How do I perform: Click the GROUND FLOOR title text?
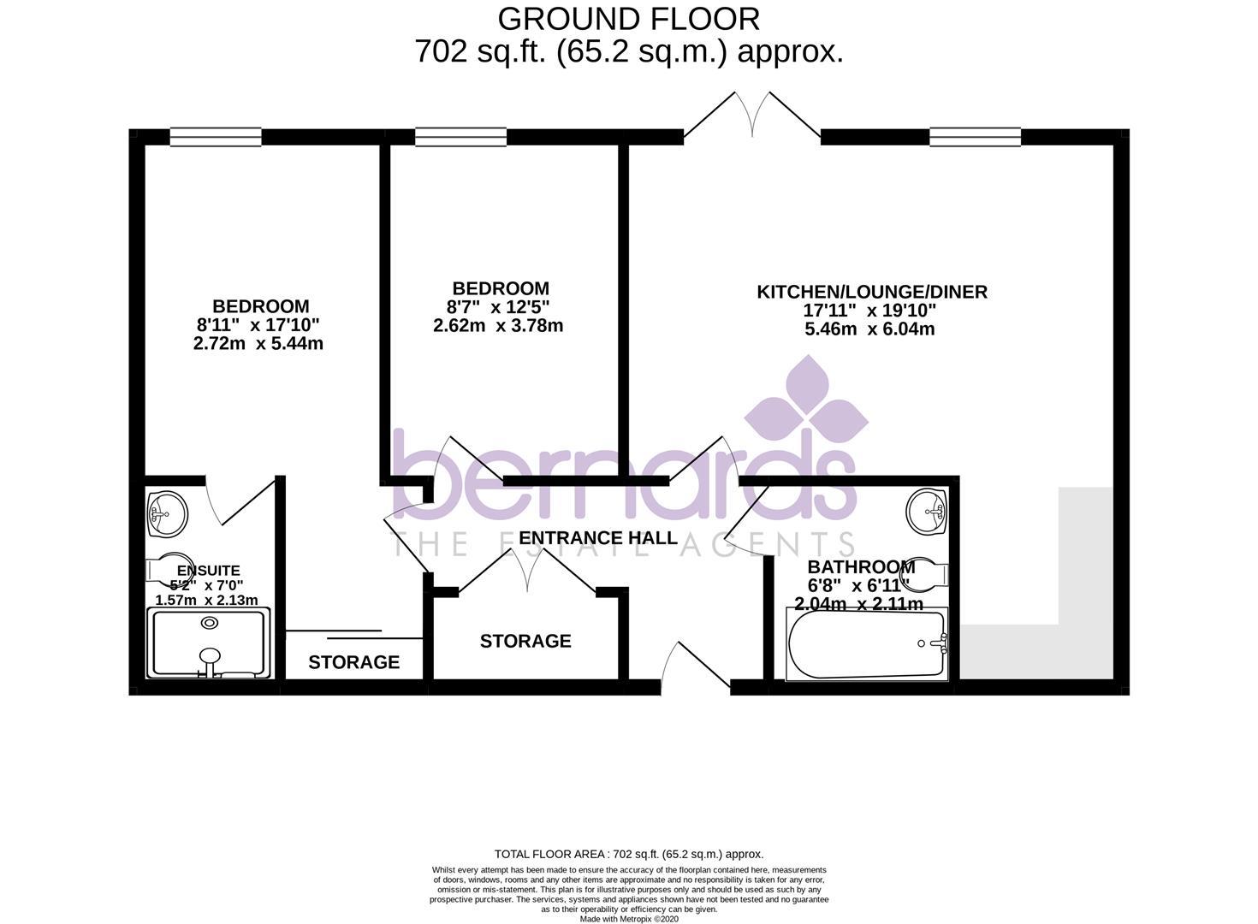click(x=628, y=18)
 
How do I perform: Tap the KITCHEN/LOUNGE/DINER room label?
click(x=871, y=292)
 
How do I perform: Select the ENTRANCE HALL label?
click(x=598, y=538)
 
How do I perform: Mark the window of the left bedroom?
click(x=216, y=137)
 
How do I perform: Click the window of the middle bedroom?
click(x=461, y=137)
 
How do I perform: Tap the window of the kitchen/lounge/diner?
click(x=976, y=137)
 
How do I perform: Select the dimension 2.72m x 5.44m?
click(x=258, y=344)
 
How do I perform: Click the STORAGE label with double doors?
click(x=525, y=641)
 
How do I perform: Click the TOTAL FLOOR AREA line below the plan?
click(x=628, y=854)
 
